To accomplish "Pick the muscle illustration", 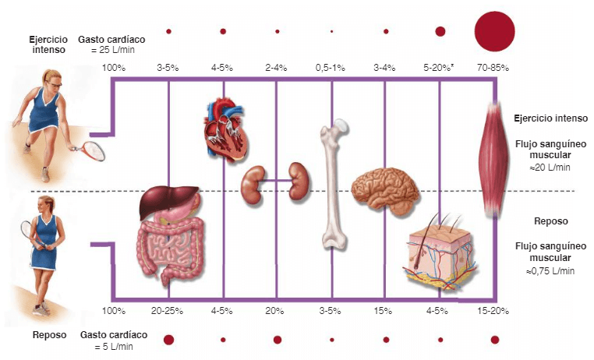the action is pos(493,160).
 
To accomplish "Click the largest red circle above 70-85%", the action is pos(495,31).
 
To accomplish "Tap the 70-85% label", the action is pos(493,68).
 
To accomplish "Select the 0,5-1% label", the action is pos(331,68).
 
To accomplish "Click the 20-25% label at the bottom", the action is pos(167,311).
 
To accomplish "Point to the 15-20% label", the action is pos(493,311).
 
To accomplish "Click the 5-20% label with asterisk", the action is pos(438,68).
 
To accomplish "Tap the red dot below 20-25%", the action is pos(168,340).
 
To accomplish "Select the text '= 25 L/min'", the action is pos(113,50).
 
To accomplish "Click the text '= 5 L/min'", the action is pos(114,347).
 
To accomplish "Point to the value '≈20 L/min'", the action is pos(550,168).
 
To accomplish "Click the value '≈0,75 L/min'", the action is pos(550,271).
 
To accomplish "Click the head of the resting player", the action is pos(45,204).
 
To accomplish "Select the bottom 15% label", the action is pos(383,311).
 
